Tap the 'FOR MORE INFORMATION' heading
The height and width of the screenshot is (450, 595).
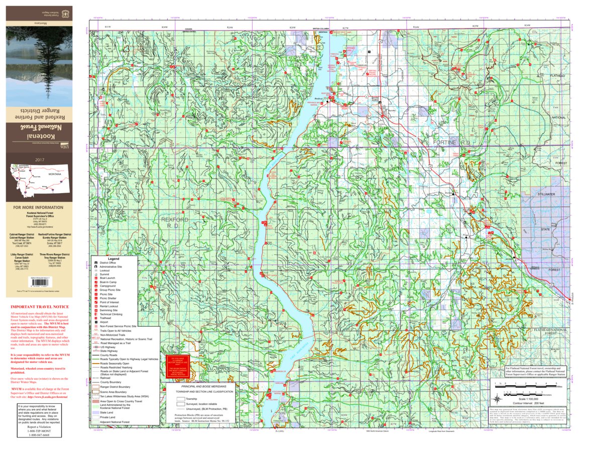[x=38, y=207]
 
